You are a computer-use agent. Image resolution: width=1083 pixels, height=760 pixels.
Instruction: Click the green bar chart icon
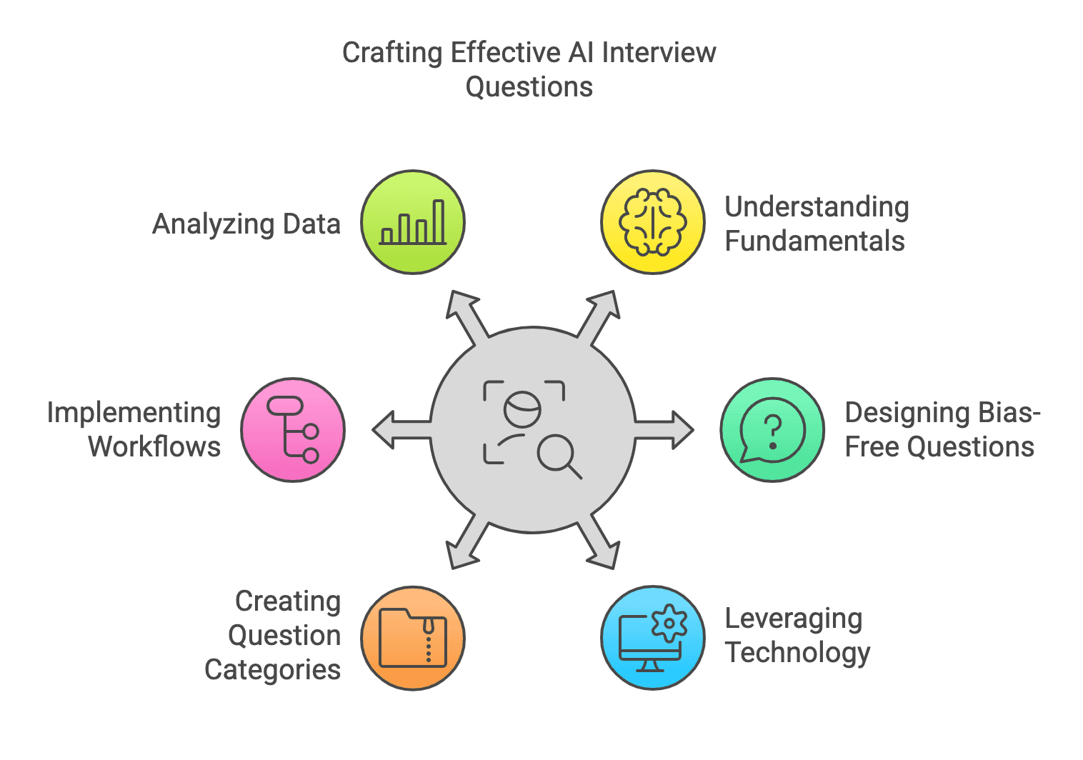[x=413, y=222]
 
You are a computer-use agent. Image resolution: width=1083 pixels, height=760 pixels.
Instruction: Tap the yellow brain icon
[x=653, y=222]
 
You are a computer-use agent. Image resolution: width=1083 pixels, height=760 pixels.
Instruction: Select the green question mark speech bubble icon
[x=772, y=430]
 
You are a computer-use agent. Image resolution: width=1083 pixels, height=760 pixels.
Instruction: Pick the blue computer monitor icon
[x=653, y=638]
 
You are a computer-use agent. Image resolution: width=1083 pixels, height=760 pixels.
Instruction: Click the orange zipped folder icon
[x=413, y=638]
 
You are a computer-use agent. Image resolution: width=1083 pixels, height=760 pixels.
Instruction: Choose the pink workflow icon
[x=293, y=430]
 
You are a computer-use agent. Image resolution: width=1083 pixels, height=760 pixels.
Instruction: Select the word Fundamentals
[x=814, y=241]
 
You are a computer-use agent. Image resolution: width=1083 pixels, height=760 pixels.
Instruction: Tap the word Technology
[x=797, y=653]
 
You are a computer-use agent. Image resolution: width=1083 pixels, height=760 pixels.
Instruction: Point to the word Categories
[x=272, y=670]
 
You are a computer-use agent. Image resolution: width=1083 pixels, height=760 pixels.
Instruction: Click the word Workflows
[x=154, y=447]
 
